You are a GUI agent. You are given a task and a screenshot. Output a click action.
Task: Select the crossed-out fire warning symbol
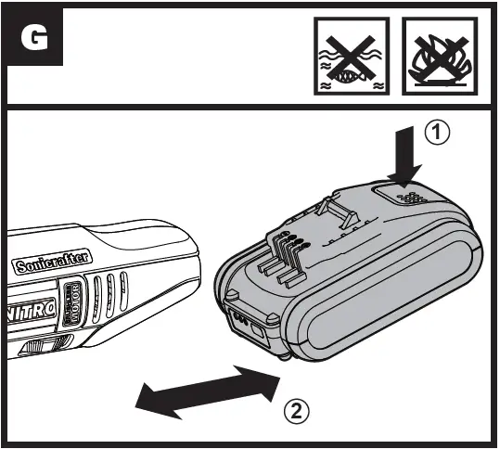435,58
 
